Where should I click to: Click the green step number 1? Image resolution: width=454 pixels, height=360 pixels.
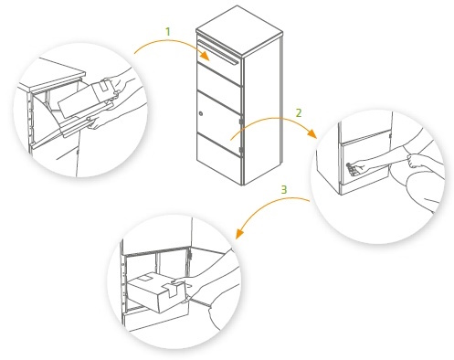point(168,31)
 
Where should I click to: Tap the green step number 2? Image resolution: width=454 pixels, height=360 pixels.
point(299,113)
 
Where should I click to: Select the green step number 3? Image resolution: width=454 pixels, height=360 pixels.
point(284,190)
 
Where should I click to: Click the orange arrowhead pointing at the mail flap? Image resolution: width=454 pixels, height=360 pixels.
point(205,56)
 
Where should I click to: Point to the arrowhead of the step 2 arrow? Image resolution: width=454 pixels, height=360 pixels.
point(311,133)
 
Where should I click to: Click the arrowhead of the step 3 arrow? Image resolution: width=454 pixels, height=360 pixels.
point(239,233)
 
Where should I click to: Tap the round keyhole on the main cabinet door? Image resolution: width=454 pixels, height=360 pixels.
point(201,114)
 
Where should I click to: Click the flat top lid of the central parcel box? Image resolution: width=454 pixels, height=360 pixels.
point(239,30)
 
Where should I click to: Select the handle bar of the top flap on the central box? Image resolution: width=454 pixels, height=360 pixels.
point(218,52)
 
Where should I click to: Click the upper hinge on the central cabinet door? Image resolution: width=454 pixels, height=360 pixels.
point(241,122)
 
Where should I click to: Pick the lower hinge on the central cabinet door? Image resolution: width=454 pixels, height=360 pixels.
point(241,150)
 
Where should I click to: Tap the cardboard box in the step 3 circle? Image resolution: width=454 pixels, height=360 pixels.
point(157,291)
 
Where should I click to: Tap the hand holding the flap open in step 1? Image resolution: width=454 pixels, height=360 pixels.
point(99,121)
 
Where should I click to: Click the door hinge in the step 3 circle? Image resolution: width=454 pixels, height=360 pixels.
point(189,254)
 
